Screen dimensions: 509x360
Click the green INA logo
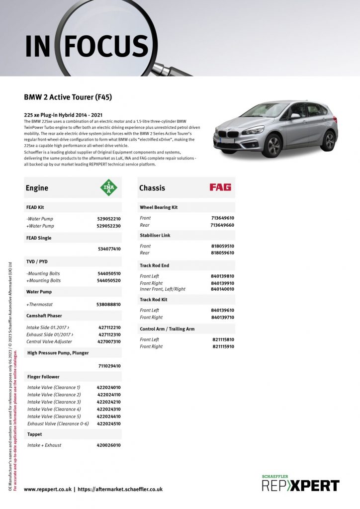coord(109,187)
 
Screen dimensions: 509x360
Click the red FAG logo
coord(220,187)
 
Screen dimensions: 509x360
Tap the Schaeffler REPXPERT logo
coord(300,484)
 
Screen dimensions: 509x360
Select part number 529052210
coord(108,219)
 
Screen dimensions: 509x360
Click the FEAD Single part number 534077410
coord(108,249)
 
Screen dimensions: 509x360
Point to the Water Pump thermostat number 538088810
coord(108,304)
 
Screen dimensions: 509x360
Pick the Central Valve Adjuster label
coord(49,341)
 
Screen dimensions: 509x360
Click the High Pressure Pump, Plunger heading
coord(58,353)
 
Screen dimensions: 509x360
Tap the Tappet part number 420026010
coord(108,445)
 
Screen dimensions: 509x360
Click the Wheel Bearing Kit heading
coord(159,207)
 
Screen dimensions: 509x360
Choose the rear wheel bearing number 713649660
coord(222,225)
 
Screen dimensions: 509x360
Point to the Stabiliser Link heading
coord(155,235)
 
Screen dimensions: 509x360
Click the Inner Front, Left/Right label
coord(163,289)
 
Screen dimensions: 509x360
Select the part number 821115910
coord(223,346)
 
